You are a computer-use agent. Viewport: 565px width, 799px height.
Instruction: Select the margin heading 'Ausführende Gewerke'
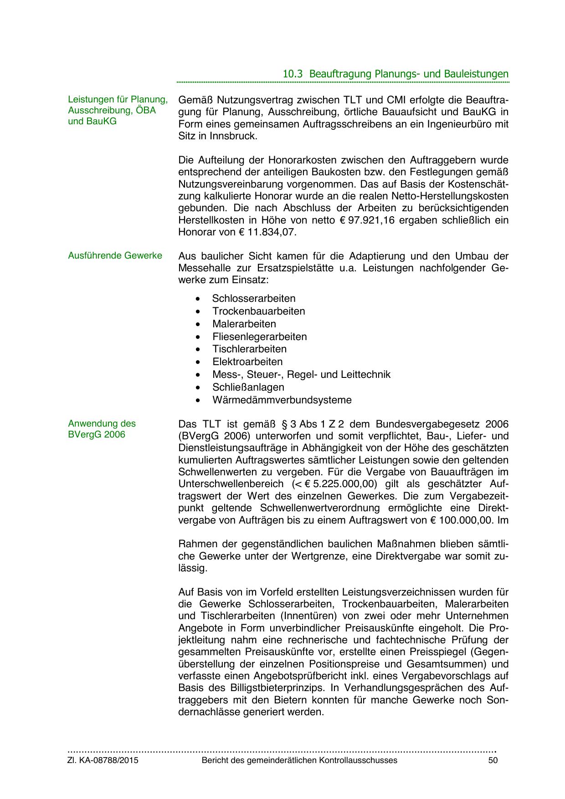115,255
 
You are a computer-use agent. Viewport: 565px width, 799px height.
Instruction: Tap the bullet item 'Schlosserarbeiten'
254,299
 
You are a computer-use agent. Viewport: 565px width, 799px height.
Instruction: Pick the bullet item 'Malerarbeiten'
244,324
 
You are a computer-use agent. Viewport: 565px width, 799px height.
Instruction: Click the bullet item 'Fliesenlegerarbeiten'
260,337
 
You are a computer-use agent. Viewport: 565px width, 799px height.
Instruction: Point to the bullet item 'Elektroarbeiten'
247,362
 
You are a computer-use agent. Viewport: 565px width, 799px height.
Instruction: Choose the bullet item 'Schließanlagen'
248,387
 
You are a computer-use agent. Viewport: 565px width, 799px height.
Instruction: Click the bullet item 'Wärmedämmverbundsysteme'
282,400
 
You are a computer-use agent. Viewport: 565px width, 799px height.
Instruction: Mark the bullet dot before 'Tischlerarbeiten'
197,350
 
